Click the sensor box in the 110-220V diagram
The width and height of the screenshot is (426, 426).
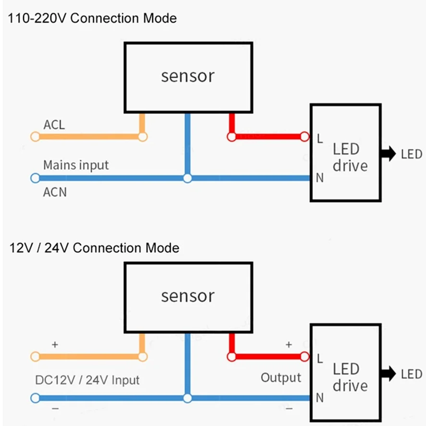click(188, 77)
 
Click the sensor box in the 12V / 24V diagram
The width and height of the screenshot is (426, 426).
click(188, 296)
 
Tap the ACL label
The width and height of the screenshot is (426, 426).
click(54, 125)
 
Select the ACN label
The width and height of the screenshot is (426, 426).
click(55, 193)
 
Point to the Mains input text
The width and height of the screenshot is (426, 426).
click(76, 165)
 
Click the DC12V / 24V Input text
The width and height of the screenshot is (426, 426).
click(87, 380)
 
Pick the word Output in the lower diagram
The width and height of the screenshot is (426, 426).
click(281, 377)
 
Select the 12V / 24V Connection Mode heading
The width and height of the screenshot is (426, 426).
click(94, 248)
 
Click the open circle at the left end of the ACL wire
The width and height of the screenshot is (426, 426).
click(35, 137)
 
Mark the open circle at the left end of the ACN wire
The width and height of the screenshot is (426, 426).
click(35, 178)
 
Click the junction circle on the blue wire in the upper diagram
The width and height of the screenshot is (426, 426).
click(187, 178)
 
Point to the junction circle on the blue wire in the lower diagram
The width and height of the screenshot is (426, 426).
click(187, 398)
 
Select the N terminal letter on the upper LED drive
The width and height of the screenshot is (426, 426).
click(320, 178)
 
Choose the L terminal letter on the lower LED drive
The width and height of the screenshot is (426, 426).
click(320, 358)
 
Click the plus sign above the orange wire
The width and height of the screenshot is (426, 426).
click(55, 345)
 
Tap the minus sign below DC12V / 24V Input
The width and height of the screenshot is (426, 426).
click(55, 409)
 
